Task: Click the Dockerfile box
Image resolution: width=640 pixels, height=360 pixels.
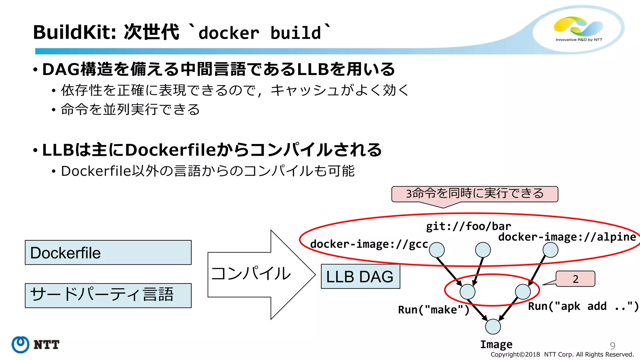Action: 108,252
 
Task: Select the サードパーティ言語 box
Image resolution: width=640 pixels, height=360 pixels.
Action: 108,295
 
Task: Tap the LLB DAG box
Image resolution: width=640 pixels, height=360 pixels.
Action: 360,277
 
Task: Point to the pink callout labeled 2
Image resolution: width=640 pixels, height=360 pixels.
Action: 575,279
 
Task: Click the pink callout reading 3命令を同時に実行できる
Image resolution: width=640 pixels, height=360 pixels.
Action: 474,194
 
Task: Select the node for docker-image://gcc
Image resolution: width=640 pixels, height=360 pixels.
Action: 437,250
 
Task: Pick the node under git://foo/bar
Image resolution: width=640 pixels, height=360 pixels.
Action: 483,250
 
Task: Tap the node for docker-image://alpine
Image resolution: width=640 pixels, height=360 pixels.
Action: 550,250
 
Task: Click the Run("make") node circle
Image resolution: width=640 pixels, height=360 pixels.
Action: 467,292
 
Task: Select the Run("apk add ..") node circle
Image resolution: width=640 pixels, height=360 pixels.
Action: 523,292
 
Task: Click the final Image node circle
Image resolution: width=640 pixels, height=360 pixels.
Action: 493,327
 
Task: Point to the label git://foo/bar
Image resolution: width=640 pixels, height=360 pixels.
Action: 468,226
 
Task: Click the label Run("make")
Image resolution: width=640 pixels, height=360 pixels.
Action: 433,310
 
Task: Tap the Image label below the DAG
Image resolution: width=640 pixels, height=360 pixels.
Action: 496,344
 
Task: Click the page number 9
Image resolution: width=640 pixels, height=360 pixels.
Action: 612,346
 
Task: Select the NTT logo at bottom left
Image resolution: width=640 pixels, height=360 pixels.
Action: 35,345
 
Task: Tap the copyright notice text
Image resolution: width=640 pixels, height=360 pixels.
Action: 562,355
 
